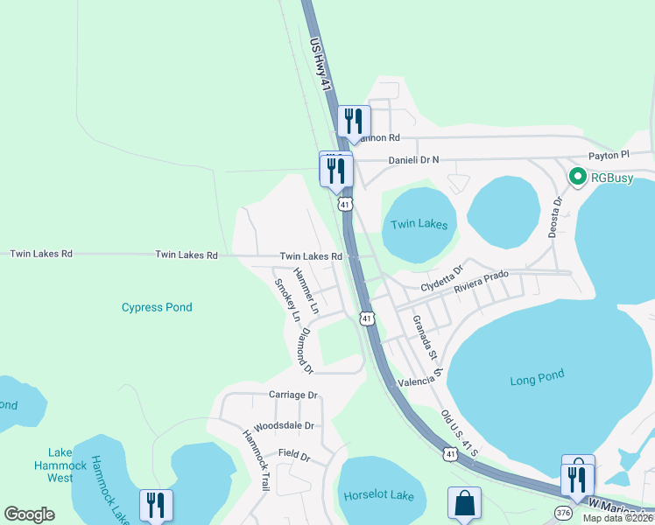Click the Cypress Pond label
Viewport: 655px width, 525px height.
(x=157, y=307)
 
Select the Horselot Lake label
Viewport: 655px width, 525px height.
(x=379, y=495)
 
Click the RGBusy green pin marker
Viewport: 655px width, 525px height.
(x=578, y=177)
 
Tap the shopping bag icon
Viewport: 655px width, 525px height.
(x=464, y=503)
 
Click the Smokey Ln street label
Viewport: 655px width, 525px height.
(x=287, y=299)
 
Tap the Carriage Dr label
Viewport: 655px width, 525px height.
(x=292, y=395)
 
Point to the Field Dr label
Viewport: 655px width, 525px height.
(x=294, y=456)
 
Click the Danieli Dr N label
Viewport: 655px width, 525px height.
(x=413, y=160)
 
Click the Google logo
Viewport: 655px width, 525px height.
(x=30, y=514)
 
